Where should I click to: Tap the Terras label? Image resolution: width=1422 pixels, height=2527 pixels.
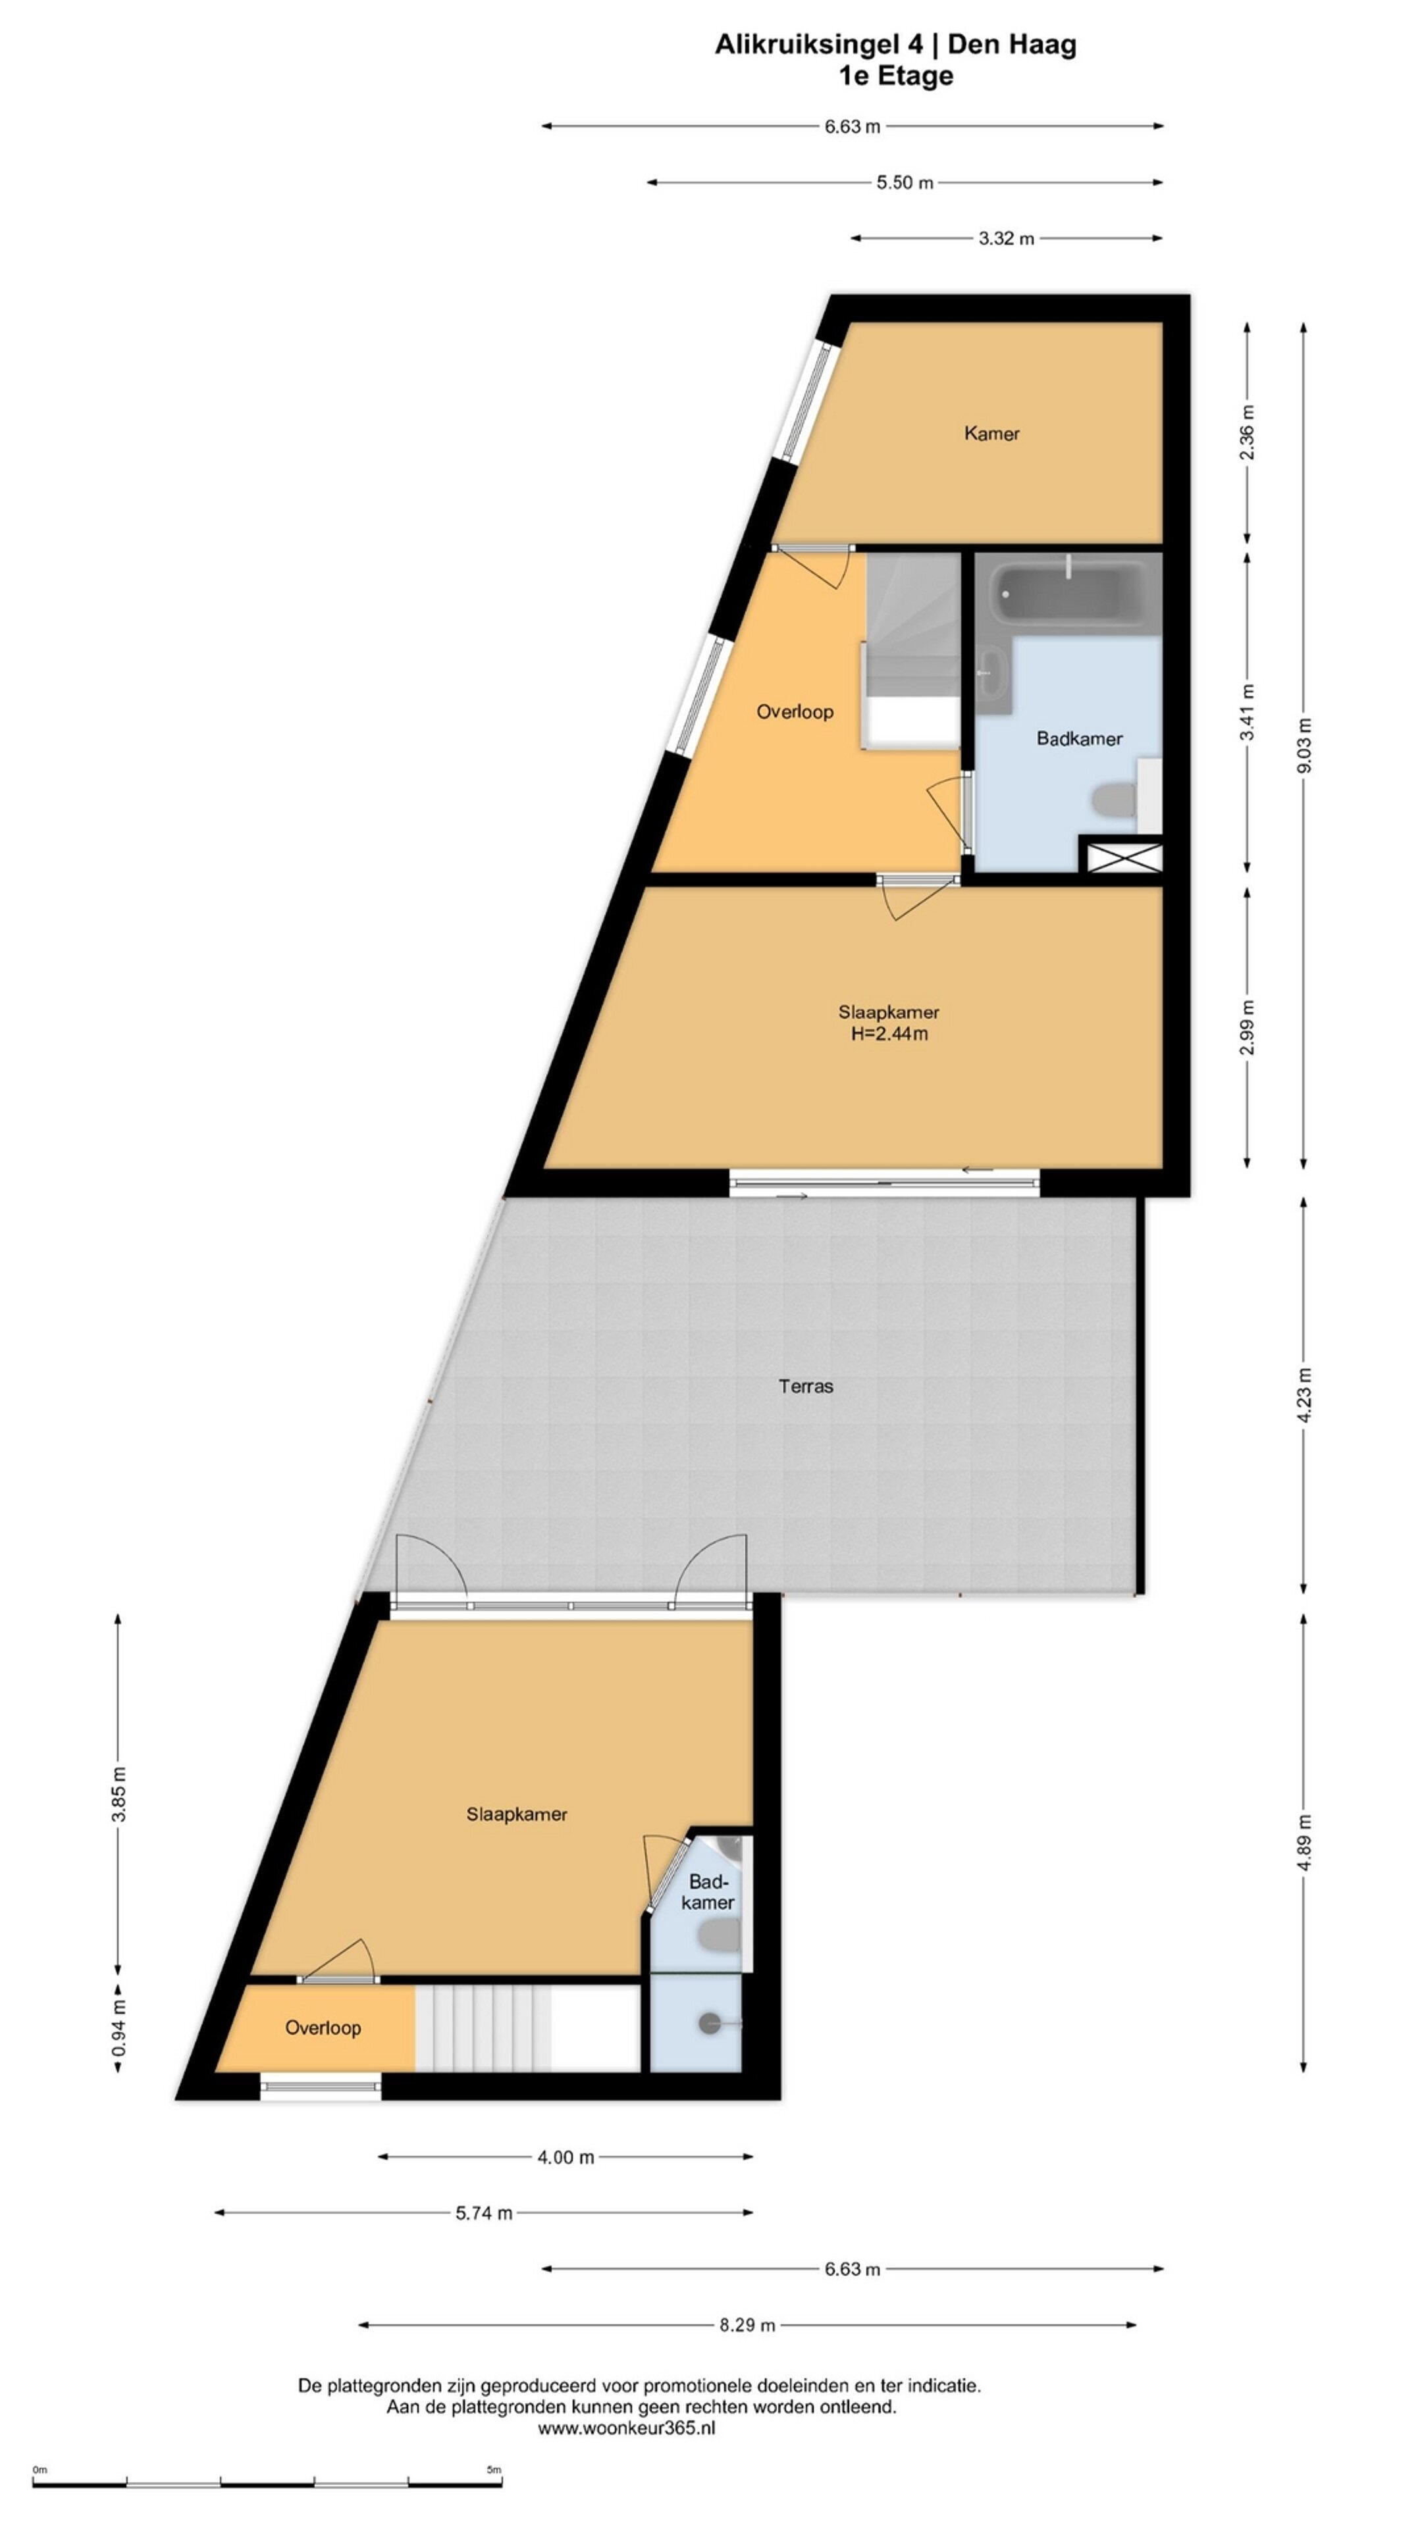coord(806,1386)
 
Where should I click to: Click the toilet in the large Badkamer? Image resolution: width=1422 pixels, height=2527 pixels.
coord(1114,800)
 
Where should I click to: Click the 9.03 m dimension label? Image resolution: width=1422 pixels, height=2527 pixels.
coord(1304,746)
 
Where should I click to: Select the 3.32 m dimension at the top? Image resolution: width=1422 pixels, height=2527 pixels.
coord(1006,238)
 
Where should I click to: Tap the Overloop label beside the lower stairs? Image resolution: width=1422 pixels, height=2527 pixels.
coord(323,2028)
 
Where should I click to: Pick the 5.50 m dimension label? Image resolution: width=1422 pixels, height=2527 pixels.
coord(905,182)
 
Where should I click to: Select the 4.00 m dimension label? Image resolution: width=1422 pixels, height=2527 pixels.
coord(566,2157)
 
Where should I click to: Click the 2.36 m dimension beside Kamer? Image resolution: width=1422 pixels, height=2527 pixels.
coord(1248,432)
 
